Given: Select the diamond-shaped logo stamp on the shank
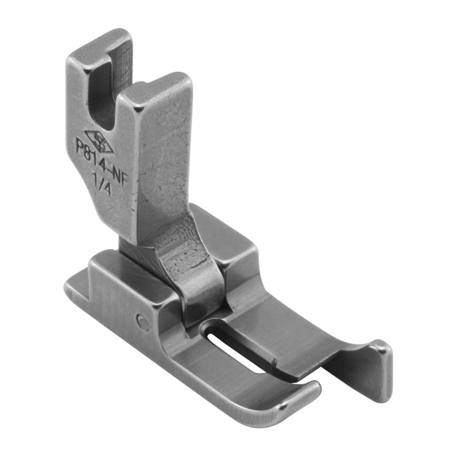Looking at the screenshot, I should [99, 142].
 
